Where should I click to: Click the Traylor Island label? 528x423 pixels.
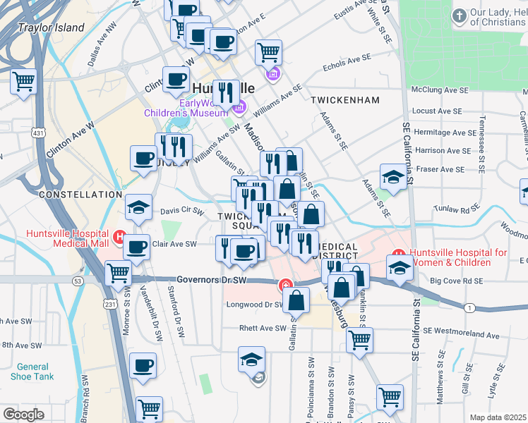[x=52, y=28]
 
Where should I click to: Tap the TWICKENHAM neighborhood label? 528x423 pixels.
[x=345, y=100]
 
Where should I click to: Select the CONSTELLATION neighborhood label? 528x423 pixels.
[x=80, y=194]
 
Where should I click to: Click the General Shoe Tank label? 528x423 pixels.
[x=32, y=372]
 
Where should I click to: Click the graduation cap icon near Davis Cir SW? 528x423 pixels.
[x=138, y=207]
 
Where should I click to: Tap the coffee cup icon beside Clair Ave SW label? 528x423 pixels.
[x=137, y=247]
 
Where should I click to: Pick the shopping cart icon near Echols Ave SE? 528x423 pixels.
[x=268, y=51]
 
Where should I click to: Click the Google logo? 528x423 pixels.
[x=24, y=414]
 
